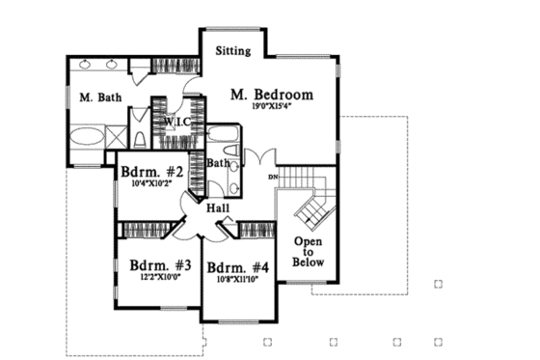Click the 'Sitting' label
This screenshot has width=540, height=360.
click(233, 50)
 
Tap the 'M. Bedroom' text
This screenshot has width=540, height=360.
click(274, 95)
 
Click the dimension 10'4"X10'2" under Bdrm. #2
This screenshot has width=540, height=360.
click(148, 187)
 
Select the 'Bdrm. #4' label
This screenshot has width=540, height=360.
click(236, 266)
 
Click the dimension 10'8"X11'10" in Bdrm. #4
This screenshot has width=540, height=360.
click(237, 280)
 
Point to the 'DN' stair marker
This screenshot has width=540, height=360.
click(273, 178)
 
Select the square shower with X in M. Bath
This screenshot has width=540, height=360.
click(117, 135)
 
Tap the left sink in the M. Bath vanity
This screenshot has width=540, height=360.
click(89, 65)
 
